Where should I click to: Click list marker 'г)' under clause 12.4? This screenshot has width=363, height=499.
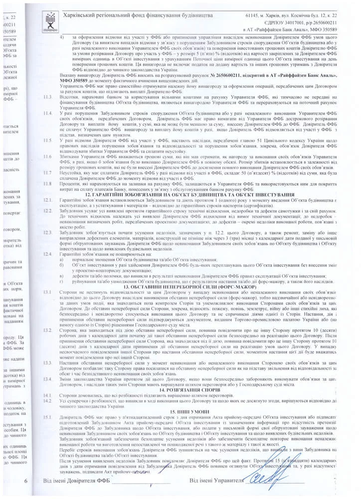[62, 281]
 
